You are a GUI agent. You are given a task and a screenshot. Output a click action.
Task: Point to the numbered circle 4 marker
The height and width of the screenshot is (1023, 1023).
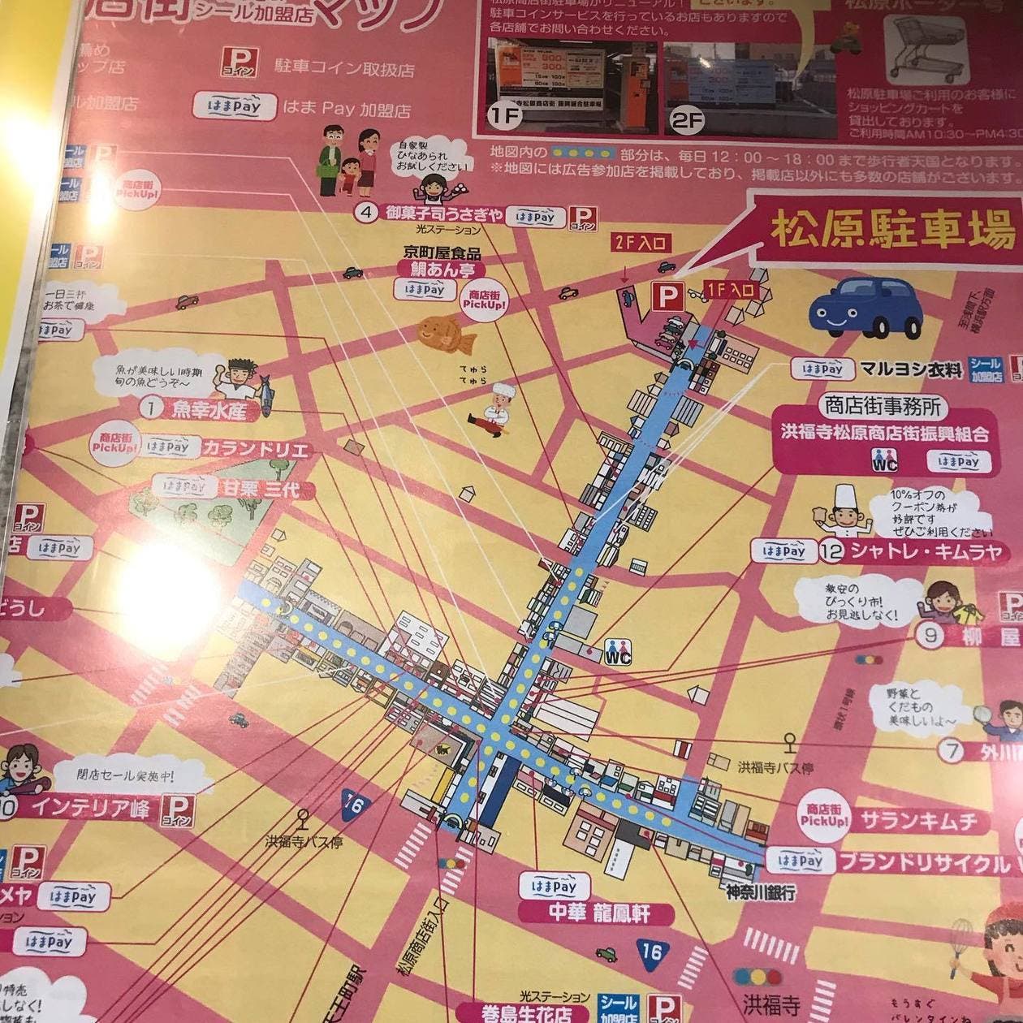(368, 214)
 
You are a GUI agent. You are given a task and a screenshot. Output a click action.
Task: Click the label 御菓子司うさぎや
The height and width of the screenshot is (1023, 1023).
(442, 214)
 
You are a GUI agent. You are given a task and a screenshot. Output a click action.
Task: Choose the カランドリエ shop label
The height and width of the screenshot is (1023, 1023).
(255, 448)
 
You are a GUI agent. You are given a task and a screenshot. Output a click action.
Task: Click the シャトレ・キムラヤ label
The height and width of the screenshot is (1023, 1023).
(924, 552)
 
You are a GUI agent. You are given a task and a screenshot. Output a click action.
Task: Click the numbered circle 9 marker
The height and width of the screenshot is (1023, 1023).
(930, 634)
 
